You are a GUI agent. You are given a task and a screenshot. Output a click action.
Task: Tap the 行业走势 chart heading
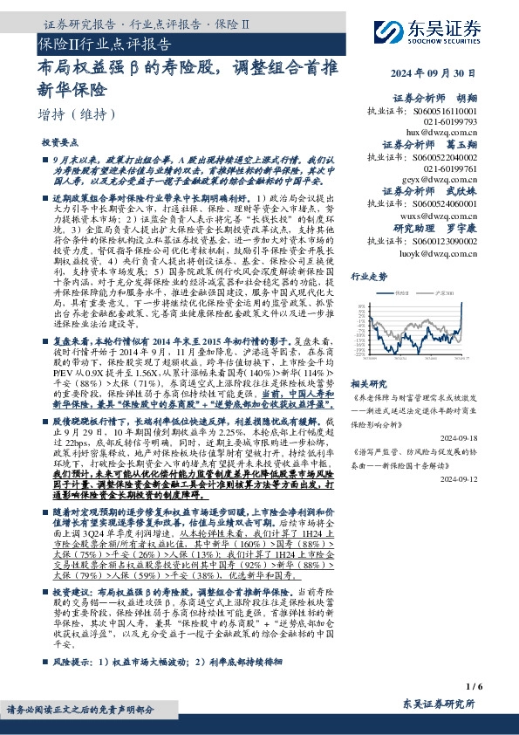(368, 276)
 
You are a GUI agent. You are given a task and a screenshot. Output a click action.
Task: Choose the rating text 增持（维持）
(76, 113)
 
